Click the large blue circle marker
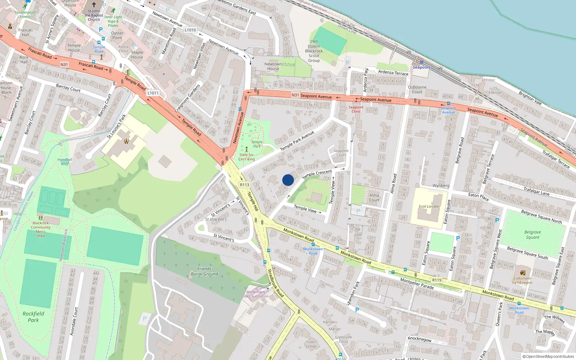point(288,180)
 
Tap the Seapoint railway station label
point(421,67)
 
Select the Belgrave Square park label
point(532,235)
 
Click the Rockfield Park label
point(33,317)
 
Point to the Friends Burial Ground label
point(204,271)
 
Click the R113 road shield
point(244,185)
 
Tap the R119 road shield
point(437,280)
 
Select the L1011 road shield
point(153,93)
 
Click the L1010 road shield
point(190,30)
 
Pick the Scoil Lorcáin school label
point(428,207)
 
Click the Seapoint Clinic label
point(356,109)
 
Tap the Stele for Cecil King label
point(247,157)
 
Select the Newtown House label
point(273,66)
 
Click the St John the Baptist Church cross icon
point(94,5)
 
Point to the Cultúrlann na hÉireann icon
point(522,273)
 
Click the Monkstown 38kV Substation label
point(256,294)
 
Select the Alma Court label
point(374,198)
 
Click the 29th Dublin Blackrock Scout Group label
point(314,51)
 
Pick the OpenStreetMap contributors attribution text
point(548,356)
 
